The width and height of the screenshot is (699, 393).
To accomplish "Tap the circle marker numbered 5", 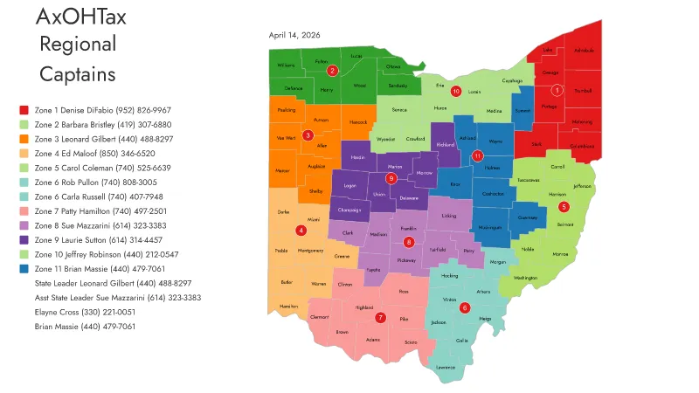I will (564, 207).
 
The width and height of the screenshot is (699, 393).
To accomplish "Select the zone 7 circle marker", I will (380, 317).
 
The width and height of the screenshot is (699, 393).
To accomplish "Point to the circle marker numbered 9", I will (391, 178).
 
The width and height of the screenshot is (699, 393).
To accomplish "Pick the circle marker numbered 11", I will (477, 155).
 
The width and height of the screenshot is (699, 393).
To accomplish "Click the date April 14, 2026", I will (294, 36).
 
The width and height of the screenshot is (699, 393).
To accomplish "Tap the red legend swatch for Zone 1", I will (24, 110).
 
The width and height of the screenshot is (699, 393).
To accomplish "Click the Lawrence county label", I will (446, 367).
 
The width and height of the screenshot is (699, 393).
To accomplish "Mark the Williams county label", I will (286, 65).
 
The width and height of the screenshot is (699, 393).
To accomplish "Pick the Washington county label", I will (525, 278).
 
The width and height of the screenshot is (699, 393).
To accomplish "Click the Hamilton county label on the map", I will (288, 307).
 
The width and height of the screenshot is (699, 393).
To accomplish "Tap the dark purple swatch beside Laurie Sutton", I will (24, 239).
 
